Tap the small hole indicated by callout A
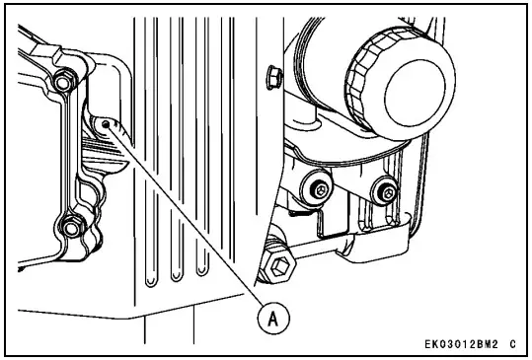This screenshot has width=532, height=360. tap(104, 125)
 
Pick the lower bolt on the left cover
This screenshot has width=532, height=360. tap(68, 230)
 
